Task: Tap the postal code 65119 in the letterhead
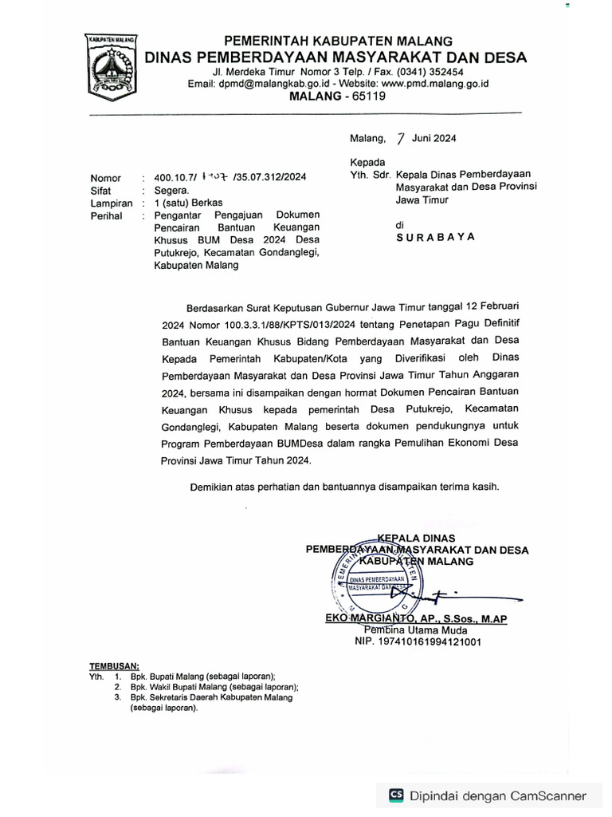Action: point(366,96)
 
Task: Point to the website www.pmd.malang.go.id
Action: point(435,83)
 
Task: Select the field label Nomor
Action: point(106,178)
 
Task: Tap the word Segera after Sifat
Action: point(171,191)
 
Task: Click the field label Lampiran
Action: point(112,203)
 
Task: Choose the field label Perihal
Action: point(108,215)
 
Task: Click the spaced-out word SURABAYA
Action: point(436,237)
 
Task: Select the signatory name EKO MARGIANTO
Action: point(371,619)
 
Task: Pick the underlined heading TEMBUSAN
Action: point(114,665)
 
